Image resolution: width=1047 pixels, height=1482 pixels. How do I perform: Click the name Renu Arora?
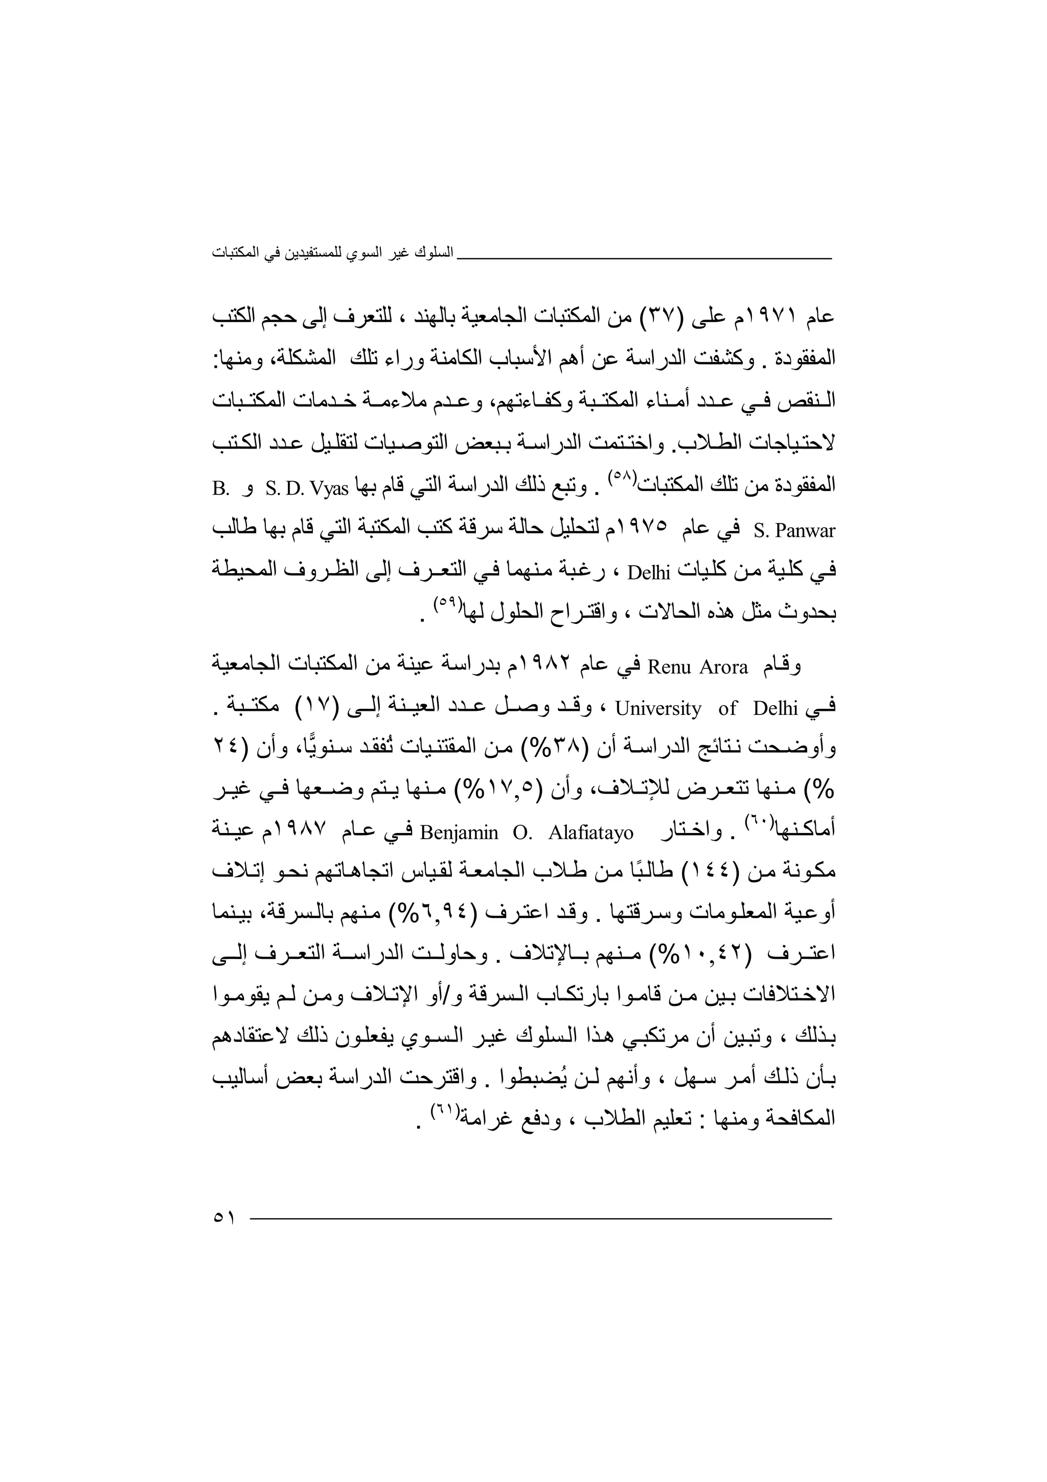click(697, 667)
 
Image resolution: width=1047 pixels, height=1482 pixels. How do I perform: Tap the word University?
click(658, 709)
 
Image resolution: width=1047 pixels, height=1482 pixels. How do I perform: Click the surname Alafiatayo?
click(591, 833)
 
